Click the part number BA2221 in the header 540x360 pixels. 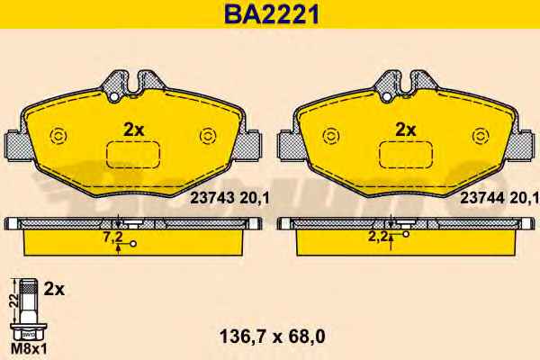coord(272,14)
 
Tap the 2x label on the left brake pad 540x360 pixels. coord(133,130)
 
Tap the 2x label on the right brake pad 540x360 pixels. coord(406,130)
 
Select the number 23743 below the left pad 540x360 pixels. coord(212,198)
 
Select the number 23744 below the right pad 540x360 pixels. coord(482,198)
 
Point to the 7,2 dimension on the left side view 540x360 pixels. coord(113,237)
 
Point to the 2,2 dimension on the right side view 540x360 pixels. coord(378,237)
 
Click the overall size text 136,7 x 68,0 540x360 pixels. coord(272,337)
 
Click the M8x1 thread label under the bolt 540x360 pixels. coord(29,349)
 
